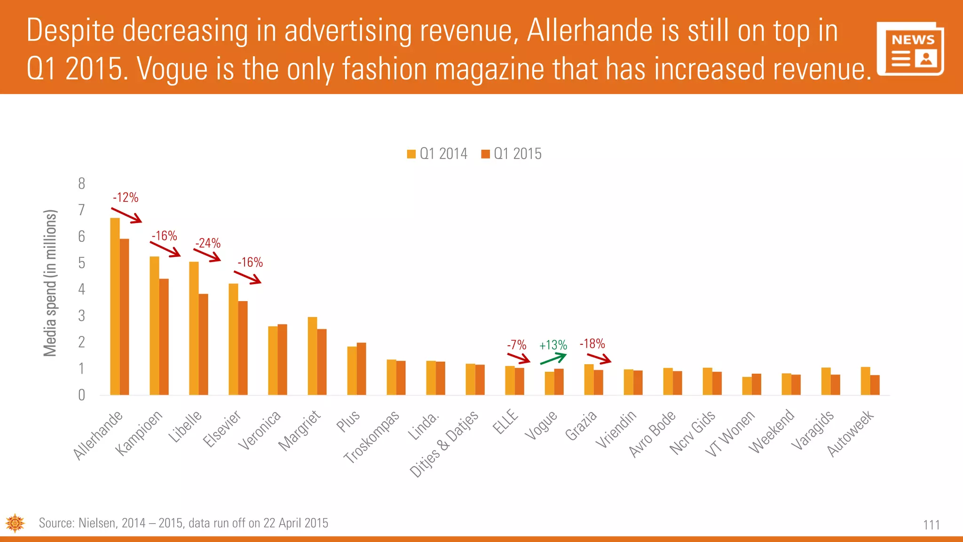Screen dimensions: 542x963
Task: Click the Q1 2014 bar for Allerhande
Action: click(115, 306)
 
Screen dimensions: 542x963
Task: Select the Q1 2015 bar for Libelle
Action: click(203, 344)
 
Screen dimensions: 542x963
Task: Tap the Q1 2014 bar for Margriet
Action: click(312, 356)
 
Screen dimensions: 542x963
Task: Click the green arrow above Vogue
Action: click(553, 359)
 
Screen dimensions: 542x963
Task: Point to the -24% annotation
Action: click(208, 243)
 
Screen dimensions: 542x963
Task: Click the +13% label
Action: click(553, 345)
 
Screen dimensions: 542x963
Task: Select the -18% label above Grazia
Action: click(592, 344)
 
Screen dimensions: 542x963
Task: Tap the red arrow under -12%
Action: click(126, 215)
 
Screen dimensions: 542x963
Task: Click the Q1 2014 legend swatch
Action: click(411, 154)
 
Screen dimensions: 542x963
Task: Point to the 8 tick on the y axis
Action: click(82, 183)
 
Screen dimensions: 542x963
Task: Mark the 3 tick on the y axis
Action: click(82, 316)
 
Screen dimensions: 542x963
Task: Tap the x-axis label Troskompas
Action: click(371, 437)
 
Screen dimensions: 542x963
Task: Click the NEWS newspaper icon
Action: click(910, 49)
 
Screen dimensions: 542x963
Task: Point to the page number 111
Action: click(931, 525)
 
